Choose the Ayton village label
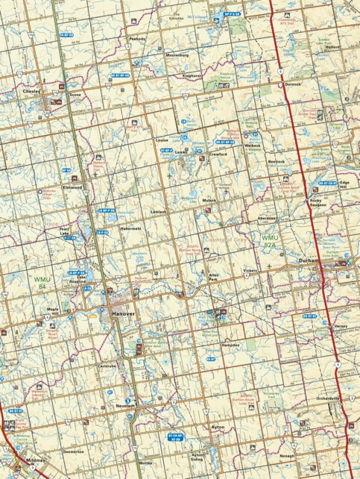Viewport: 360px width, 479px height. [x=217, y=427]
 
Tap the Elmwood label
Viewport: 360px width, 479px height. [x=72, y=187]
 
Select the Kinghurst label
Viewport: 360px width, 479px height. [x=192, y=75]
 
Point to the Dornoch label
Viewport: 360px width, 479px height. [x=292, y=84]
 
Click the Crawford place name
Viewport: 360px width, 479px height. [x=218, y=154]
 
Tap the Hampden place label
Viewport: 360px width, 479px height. [x=230, y=345]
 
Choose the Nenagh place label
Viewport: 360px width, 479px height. [x=287, y=456]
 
